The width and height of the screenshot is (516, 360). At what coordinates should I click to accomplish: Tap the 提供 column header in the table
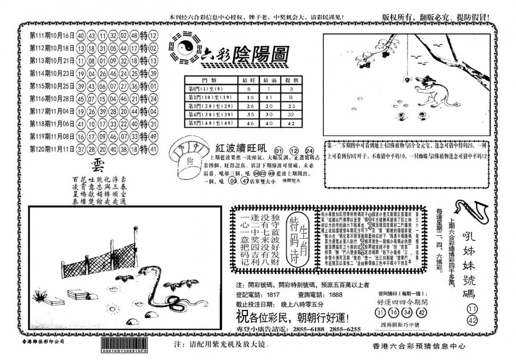pos(291,80)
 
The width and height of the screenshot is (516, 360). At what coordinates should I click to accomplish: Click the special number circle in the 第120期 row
pos(153,149)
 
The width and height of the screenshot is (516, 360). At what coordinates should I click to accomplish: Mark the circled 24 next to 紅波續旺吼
pos(310,150)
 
